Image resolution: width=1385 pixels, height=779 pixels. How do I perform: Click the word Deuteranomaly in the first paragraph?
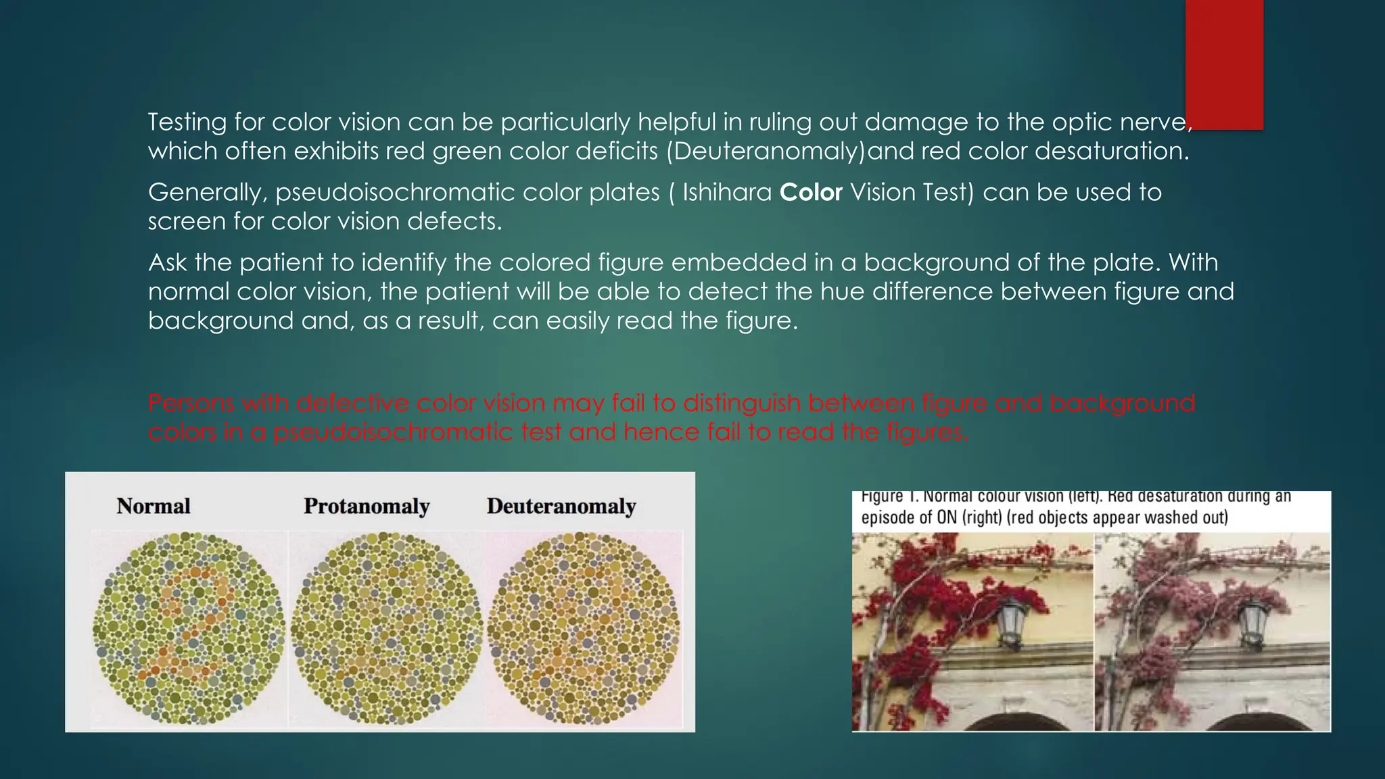[x=766, y=151]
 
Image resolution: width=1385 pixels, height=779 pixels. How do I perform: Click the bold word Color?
[x=811, y=193]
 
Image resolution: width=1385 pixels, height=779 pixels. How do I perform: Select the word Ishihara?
[x=727, y=193]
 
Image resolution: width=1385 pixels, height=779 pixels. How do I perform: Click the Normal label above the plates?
[x=154, y=506]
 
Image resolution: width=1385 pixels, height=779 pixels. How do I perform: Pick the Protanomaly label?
[x=367, y=506]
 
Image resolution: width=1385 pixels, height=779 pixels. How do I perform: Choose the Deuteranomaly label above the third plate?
[x=561, y=506]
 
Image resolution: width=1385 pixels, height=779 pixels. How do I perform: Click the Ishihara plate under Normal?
[x=188, y=628]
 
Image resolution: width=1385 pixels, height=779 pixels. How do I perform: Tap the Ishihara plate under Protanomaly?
[x=386, y=628]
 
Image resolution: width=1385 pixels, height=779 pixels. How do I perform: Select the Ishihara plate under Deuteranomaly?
[x=583, y=628]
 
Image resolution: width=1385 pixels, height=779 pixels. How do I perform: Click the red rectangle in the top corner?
[x=1224, y=64]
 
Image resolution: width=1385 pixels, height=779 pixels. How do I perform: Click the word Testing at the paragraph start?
[x=187, y=122]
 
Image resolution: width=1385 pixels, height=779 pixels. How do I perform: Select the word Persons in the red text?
[x=191, y=403]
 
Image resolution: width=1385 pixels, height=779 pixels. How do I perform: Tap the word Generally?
[x=207, y=193]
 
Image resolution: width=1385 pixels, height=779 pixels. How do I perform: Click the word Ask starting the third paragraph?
[x=167, y=262]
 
